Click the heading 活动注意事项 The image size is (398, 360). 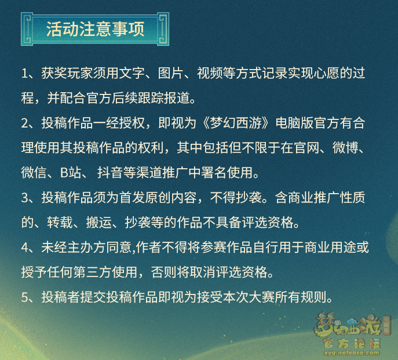pyautogui.click(x=95, y=29)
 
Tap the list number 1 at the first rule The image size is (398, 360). pyautogui.click(x=24, y=74)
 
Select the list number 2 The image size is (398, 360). pyautogui.click(x=25, y=123)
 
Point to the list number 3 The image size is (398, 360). pyautogui.click(x=25, y=198)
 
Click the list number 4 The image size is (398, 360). pyautogui.click(x=25, y=248)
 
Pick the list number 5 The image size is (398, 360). pyautogui.click(x=25, y=297)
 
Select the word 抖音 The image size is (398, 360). pyautogui.click(x=110, y=173)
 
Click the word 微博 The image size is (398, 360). pyautogui.click(x=345, y=148)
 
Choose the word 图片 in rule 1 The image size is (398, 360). pyautogui.click(x=170, y=74)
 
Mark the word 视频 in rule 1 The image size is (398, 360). pyautogui.click(x=210, y=74)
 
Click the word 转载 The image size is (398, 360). pyautogui.click(x=60, y=223)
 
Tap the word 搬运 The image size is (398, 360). pyautogui.click(x=99, y=223)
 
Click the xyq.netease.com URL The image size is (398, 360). pyautogui.click(x=352, y=353)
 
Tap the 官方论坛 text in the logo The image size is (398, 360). pyautogui.click(x=352, y=343)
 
